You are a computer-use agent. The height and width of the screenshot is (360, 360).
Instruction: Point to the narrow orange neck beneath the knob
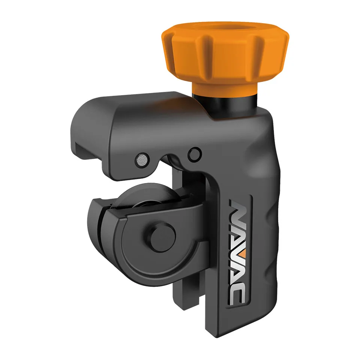click(224, 88)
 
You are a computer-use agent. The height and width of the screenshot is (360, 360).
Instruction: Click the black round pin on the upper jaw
click(195, 154)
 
